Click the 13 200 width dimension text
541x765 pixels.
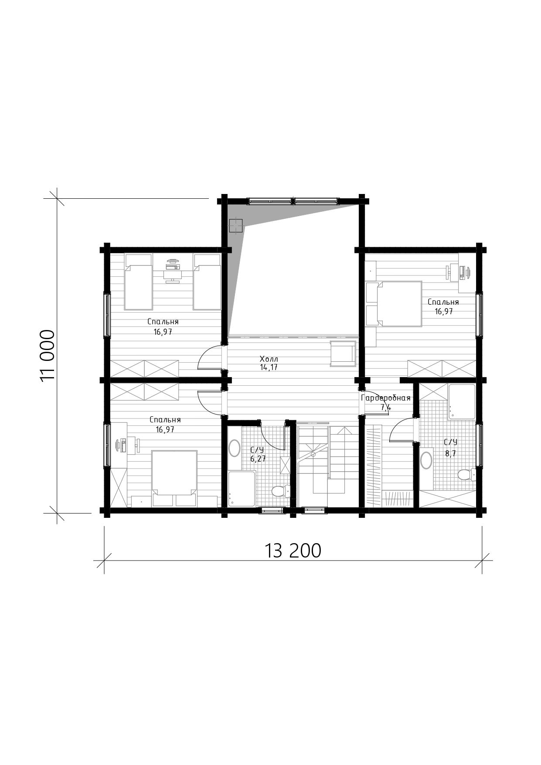point(293,551)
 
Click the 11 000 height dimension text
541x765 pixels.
point(48,355)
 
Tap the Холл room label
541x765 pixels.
point(269,359)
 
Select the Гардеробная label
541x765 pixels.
point(386,398)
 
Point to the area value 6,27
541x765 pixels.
point(258,459)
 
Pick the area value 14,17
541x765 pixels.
point(269,367)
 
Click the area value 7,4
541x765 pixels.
point(386,408)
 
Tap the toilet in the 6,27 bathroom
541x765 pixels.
point(280,491)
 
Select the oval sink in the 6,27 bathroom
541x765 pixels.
point(234,448)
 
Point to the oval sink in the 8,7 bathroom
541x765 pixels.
point(426,460)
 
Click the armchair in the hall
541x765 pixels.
point(343,354)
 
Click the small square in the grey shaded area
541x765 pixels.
point(236,225)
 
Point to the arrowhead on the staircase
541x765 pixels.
point(345,430)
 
